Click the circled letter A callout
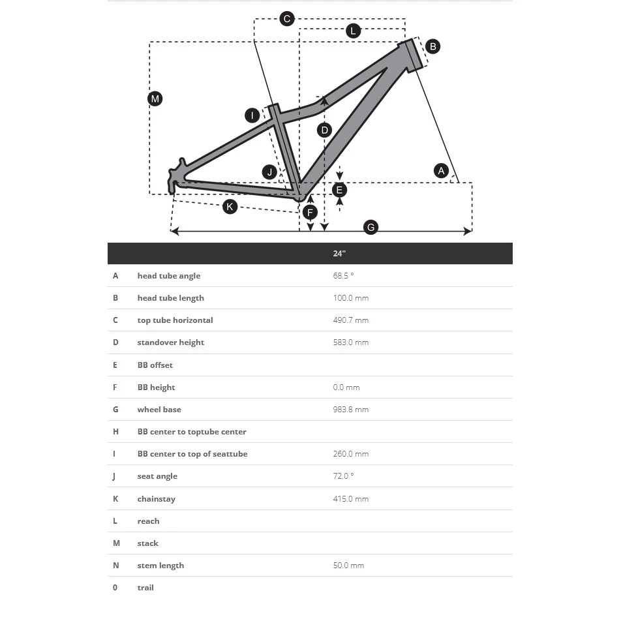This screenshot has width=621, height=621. coord(442,171)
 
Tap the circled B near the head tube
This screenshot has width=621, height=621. coord(432,46)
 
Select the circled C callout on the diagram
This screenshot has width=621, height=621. coord(287,18)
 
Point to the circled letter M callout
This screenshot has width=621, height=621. coord(155,98)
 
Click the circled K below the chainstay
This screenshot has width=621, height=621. coord(230,207)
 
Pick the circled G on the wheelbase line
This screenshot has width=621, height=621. coord(371,227)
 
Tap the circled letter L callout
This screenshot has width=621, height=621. coord(353,31)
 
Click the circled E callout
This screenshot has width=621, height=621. coord(339,190)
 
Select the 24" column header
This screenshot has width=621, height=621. coord(339,254)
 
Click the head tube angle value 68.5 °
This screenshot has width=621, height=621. coord(343,276)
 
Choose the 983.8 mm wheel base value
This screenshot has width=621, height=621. coord(350,410)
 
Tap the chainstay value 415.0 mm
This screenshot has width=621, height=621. coord(350,499)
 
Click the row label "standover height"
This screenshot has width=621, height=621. coord(170,342)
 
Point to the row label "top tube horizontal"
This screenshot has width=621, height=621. coord(175,320)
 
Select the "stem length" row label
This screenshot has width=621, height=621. coord(160,566)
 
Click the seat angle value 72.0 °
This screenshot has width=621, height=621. coord(343,476)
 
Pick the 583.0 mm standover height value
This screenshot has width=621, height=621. coord(350,342)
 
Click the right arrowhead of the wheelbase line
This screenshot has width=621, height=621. coord(468,231)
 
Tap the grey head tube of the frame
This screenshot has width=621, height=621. coord(412,55)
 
